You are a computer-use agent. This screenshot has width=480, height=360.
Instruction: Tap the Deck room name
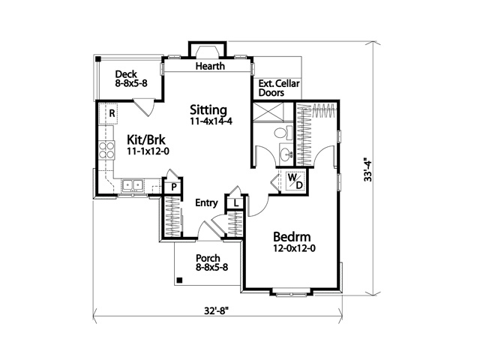pos(125,74)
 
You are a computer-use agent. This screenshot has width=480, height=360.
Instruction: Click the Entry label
pos(206,203)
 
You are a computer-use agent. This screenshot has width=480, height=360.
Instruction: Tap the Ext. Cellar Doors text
pos(274,88)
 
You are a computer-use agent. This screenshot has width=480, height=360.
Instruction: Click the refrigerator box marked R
pos(111,113)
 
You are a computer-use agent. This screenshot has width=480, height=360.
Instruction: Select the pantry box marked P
pos(172,186)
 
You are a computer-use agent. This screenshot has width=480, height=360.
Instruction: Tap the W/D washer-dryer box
pos(293,181)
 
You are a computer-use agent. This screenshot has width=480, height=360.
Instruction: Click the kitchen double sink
pos(133,184)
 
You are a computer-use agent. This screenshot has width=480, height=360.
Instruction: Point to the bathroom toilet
pos(281,133)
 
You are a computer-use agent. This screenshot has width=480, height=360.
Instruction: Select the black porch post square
pos(180,280)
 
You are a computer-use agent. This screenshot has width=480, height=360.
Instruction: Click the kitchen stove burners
pos(106,148)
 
